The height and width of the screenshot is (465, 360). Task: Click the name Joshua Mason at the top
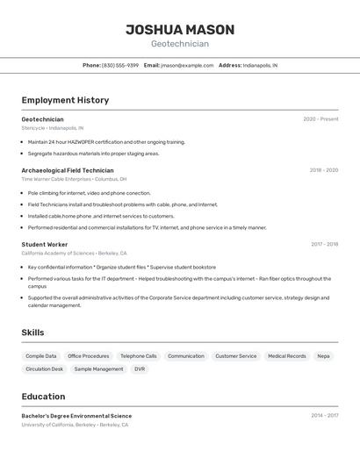pyautogui.click(x=180, y=29)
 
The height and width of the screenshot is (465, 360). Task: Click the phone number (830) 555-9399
pyautogui.click(x=120, y=65)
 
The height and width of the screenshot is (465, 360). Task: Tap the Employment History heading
pyautogui.click(x=65, y=100)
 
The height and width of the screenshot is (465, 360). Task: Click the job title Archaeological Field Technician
pyautogui.click(x=68, y=170)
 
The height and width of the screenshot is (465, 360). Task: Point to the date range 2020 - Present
pyautogui.click(x=320, y=119)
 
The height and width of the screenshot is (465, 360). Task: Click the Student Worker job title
pyautogui.click(x=45, y=245)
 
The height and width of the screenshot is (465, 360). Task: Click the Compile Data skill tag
pyautogui.click(x=41, y=356)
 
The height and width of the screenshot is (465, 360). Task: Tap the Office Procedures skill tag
pyautogui.click(x=89, y=356)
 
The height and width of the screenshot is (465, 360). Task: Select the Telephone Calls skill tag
pyautogui.click(x=139, y=356)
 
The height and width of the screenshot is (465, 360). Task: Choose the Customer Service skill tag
pyautogui.click(x=236, y=356)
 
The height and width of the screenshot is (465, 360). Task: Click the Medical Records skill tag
pyautogui.click(x=287, y=356)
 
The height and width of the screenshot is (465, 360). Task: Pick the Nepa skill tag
pyautogui.click(x=324, y=356)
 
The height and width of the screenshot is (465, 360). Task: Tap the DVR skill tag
pyautogui.click(x=140, y=369)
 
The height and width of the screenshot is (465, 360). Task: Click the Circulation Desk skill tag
pyautogui.click(x=45, y=369)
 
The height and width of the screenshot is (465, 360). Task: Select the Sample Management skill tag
pyautogui.click(x=98, y=369)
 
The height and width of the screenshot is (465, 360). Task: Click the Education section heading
pyautogui.click(x=44, y=397)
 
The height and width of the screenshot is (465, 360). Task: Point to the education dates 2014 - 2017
pyautogui.click(x=324, y=416)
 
